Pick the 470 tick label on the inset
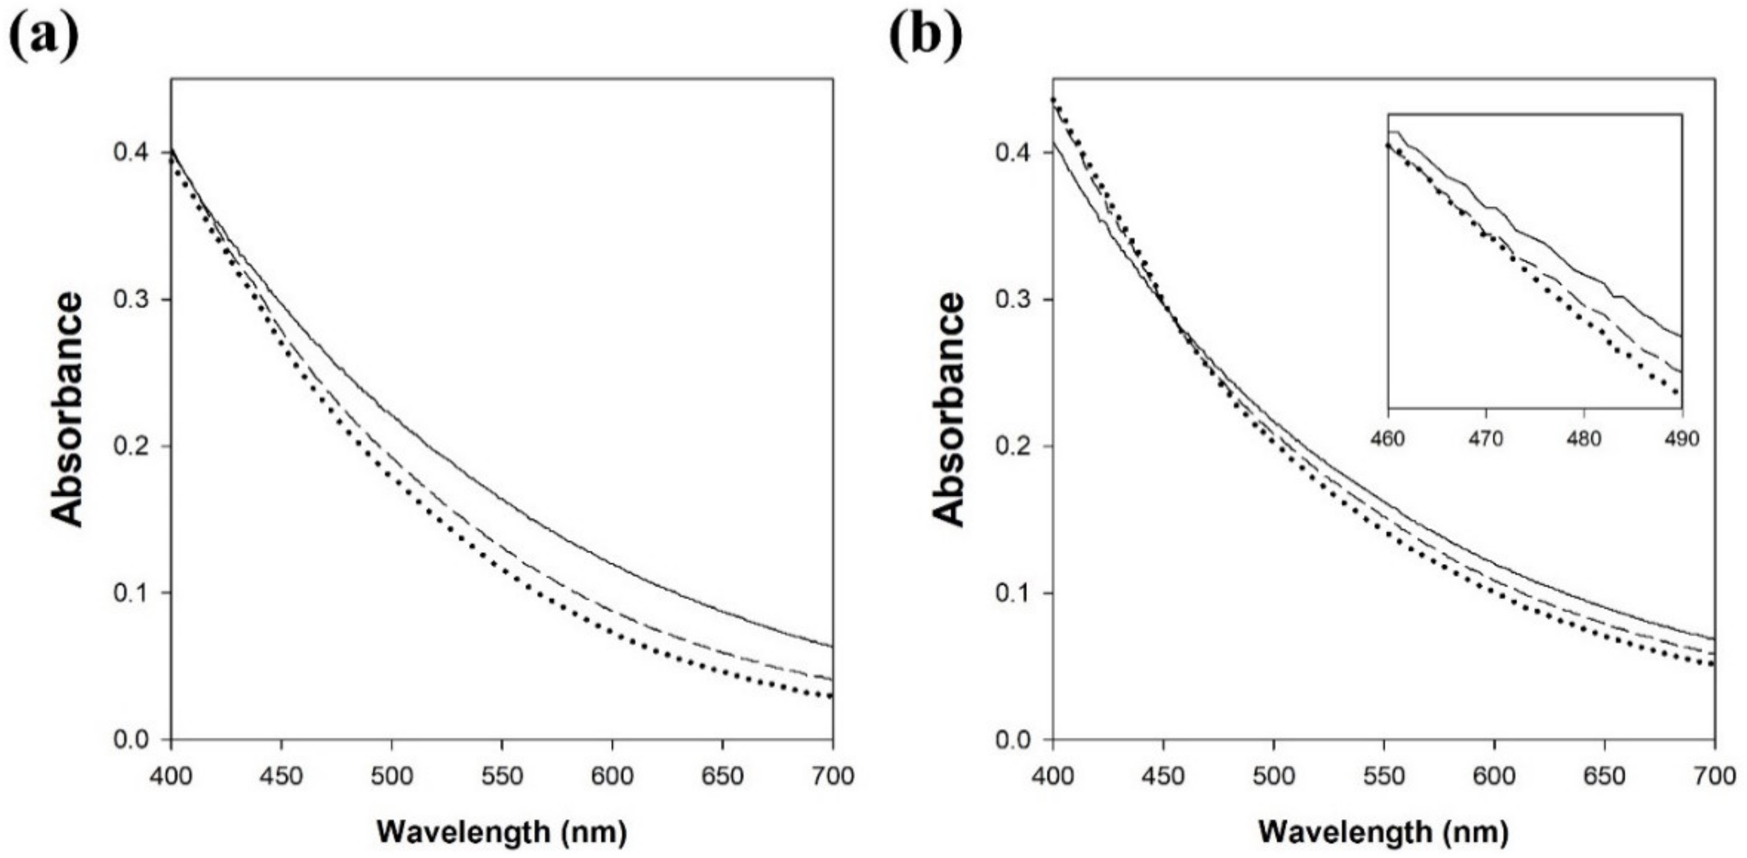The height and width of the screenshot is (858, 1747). click(1486, 439)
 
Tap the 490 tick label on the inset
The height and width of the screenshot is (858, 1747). click(1682, 439)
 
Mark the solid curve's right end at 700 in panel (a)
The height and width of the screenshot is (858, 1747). click(832, 646)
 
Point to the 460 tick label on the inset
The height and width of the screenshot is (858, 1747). click(1388, 439)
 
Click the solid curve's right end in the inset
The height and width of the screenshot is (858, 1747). click(1681, 336)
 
